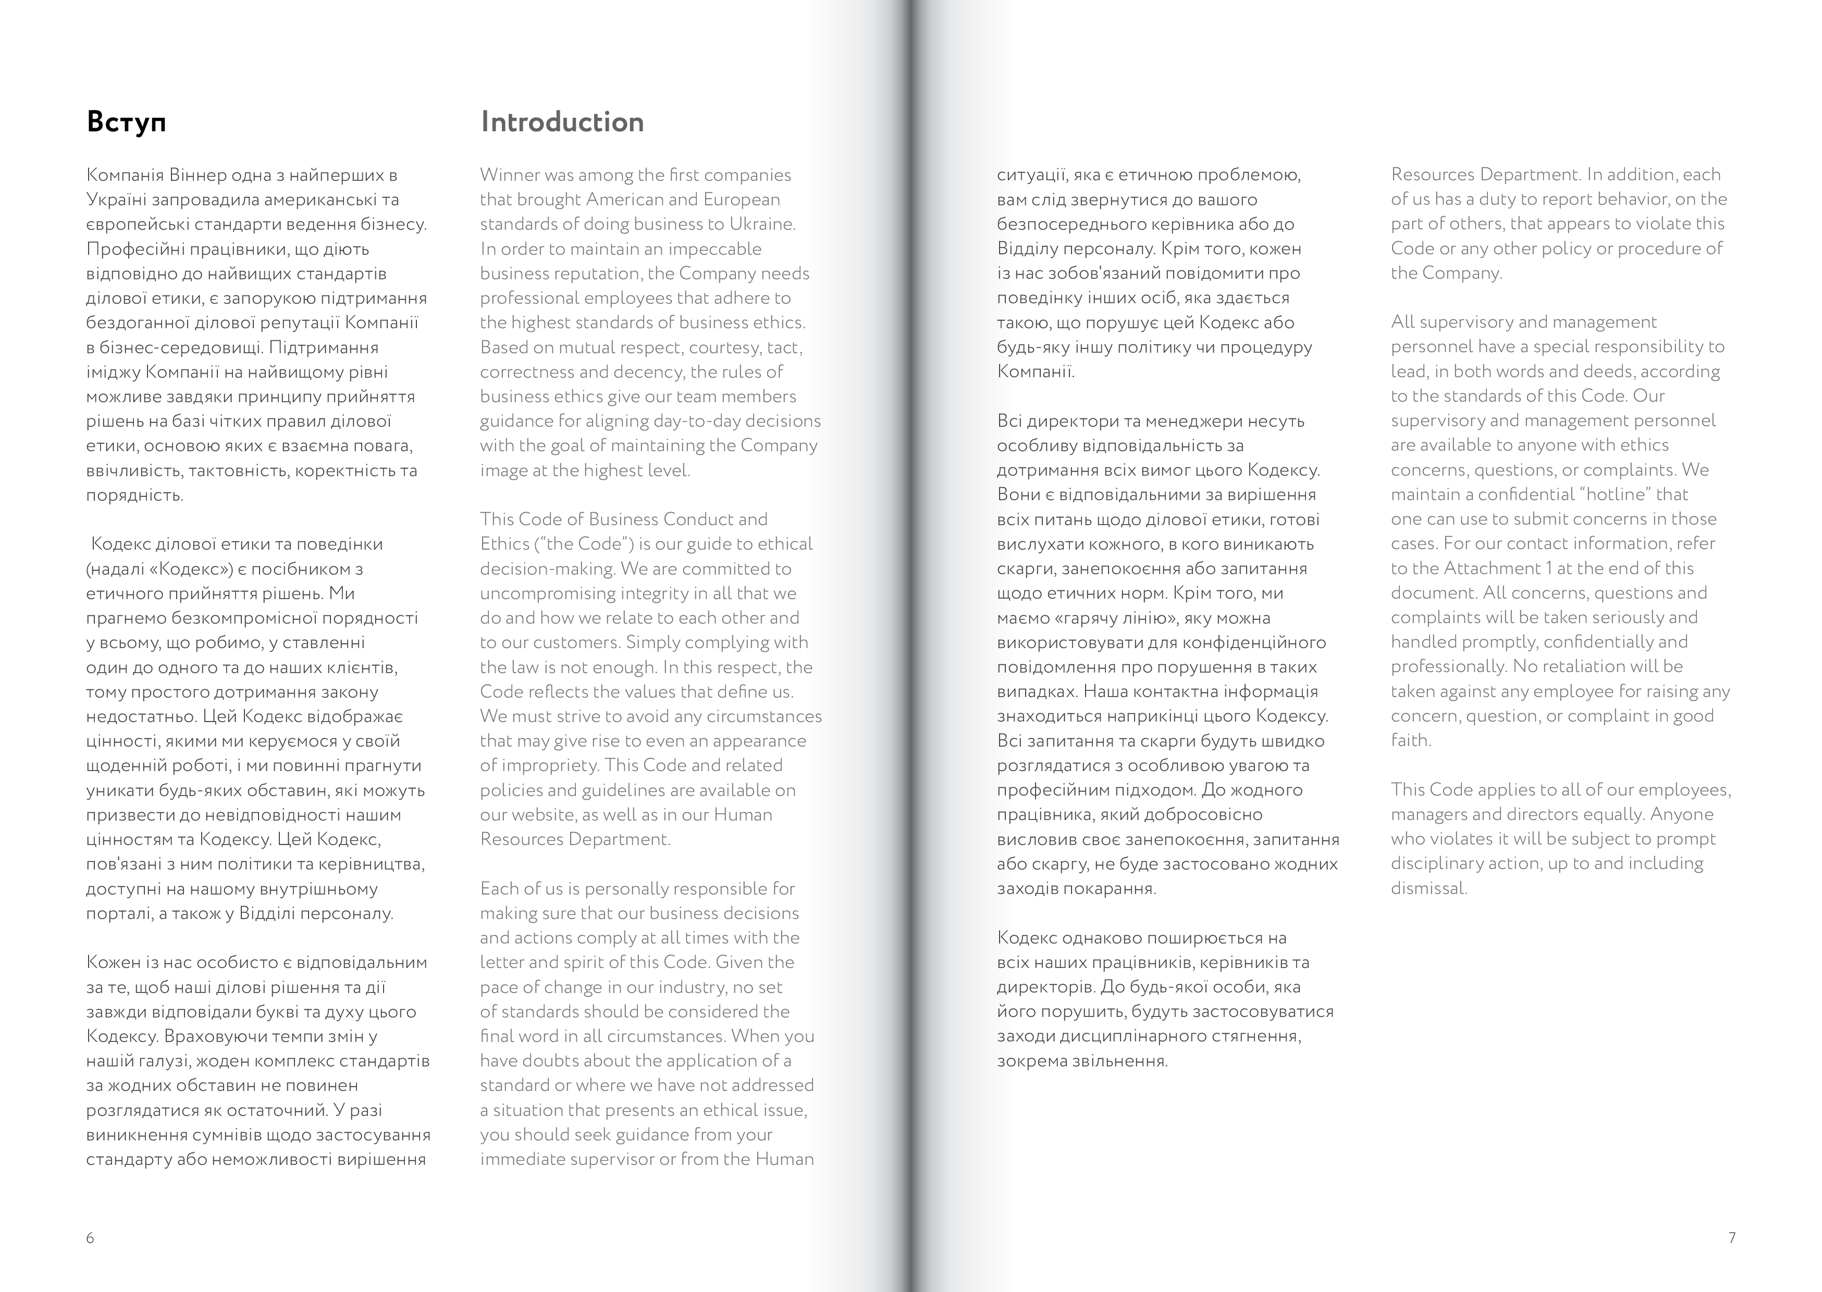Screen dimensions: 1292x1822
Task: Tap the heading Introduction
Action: [x=562, y=122]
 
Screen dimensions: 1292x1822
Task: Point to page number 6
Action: [x=90, y=1238]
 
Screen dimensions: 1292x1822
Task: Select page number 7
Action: [x=1731, y=1238]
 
